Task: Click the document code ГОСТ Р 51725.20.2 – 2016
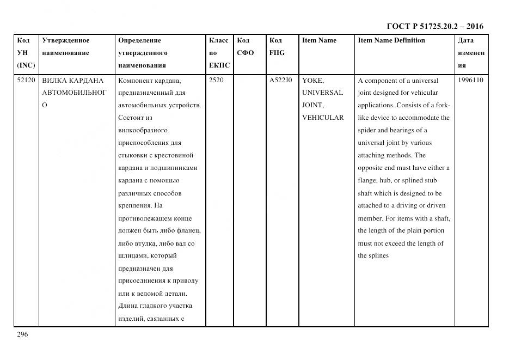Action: click(435, 26)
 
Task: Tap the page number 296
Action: click(22, 334)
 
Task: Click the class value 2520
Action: click(216, 80)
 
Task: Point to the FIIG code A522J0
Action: click(280, 80)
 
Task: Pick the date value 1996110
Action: click(470, 80)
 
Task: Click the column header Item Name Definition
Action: click(391, 40)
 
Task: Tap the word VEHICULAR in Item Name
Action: click(323, 118)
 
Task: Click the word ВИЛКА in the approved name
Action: click(54, 80)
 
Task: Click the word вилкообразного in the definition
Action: click(143, 130)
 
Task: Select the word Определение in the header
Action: click(139, 40)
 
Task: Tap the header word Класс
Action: click(219, 40)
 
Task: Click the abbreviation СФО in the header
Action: click(245, 53)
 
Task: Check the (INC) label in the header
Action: click(26, 65)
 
